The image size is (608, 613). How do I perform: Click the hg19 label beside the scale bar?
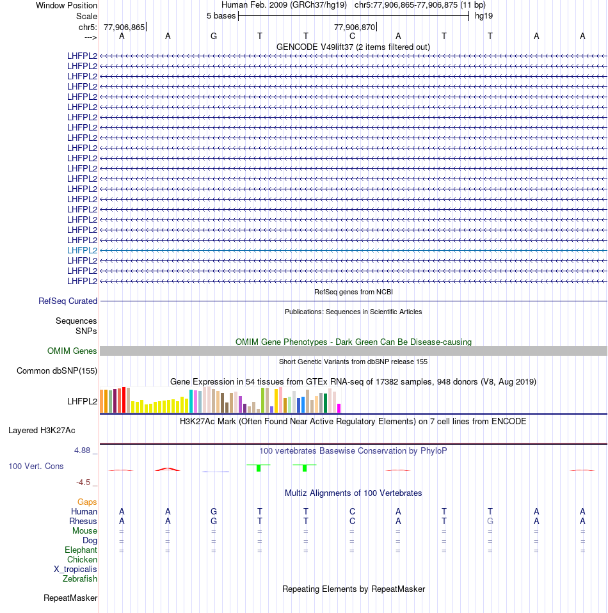pos(483,15)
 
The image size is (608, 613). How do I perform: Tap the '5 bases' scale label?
pos(221,15)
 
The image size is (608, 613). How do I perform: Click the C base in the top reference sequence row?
pos(352,36)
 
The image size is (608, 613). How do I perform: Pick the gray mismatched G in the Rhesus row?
pos(490,521)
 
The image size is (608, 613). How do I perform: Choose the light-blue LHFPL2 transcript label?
pos(82,250)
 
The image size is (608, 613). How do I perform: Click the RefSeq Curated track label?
pos(68,301)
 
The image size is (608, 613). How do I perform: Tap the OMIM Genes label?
pos(72,351)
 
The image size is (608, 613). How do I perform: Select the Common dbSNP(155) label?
pos(57,370)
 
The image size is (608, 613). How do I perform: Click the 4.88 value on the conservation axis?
pos(84,450)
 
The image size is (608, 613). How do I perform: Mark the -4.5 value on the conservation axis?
pos(86,482)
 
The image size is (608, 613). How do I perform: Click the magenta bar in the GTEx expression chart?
pos(339,408)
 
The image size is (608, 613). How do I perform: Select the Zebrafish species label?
pos(80,578)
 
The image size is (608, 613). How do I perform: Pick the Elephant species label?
pos(81,550)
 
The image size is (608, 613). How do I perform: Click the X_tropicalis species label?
pos(76,569)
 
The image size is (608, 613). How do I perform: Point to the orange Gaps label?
pos(87,502)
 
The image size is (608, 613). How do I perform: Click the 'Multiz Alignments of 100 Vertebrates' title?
pos(353,493)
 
